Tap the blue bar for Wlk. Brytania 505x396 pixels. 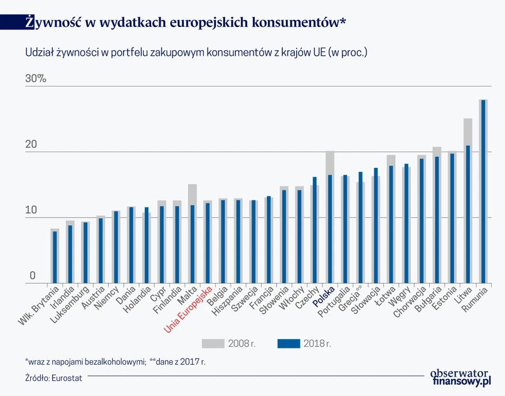tap(55, 257)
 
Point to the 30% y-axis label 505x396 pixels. tap(35, 80)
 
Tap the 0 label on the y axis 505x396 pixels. tap(32, 276)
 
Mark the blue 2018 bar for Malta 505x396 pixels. tap(193, 244)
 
